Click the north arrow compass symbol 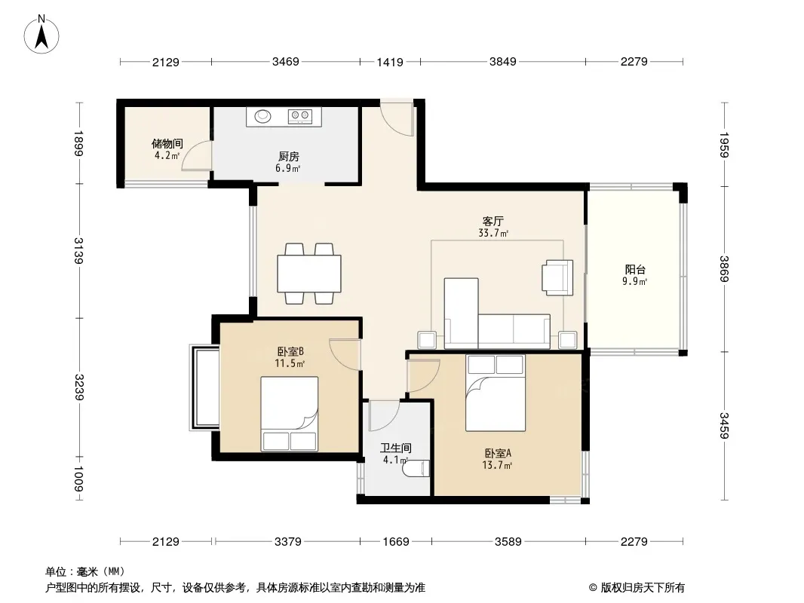41,34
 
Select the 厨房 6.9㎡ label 288,162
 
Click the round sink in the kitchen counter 263,116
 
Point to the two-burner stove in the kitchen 300,116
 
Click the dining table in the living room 309,274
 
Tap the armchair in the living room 557,277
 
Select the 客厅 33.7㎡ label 493,227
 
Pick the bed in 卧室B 289,414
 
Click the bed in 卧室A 496,393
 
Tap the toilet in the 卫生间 416,469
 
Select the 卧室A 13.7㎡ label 497,459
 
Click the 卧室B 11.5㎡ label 290,357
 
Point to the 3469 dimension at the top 286,62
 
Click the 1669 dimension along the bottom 396,541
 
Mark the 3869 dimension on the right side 724,268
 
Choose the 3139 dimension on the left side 79,250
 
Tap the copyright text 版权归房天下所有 642,588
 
